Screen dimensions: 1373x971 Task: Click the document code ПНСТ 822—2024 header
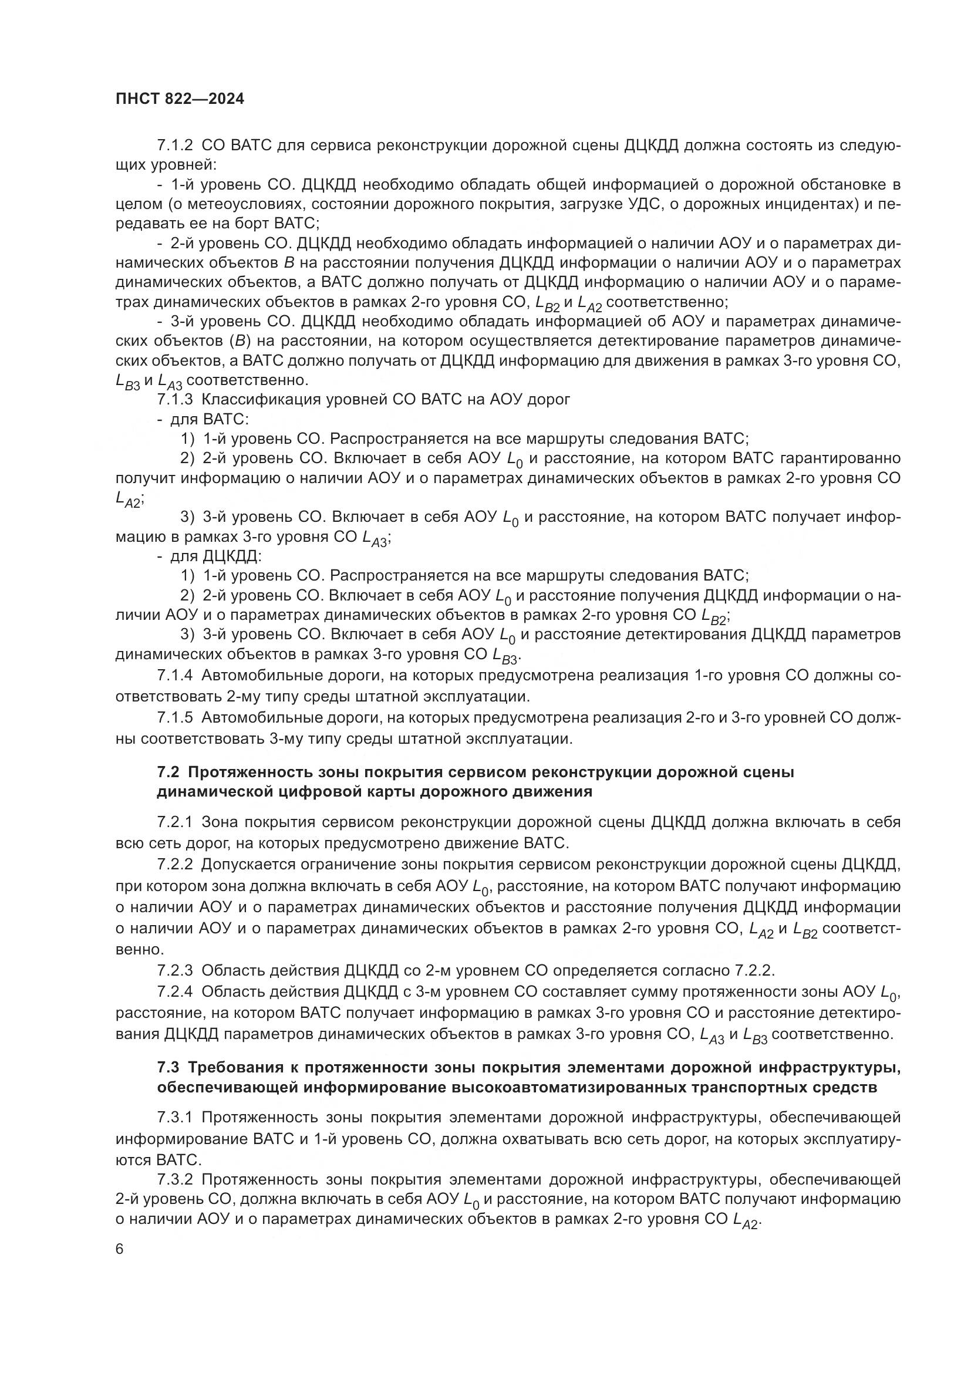point(180,99)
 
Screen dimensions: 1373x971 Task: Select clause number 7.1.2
point(174,146)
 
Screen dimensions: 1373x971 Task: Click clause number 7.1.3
point(174,400)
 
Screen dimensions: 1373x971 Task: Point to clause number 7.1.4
point(174,676)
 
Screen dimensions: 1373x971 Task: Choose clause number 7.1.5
point(174,717)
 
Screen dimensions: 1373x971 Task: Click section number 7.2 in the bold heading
point(168,772)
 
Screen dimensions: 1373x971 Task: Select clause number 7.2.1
point(174,822)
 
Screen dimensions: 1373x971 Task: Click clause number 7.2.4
point(174,991)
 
